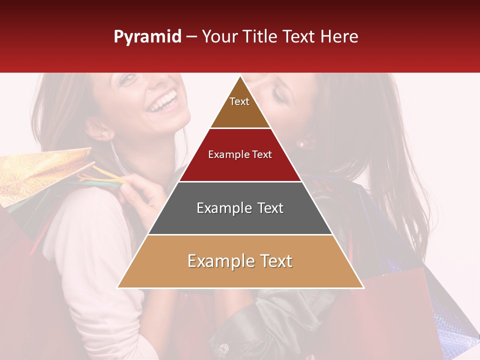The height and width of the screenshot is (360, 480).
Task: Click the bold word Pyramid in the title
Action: click(147, 37)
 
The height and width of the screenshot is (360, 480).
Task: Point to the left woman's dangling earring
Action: click(116, 157)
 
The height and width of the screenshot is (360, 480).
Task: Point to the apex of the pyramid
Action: click(240, 77)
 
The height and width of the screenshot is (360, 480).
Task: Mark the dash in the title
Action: click(191, 37)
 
